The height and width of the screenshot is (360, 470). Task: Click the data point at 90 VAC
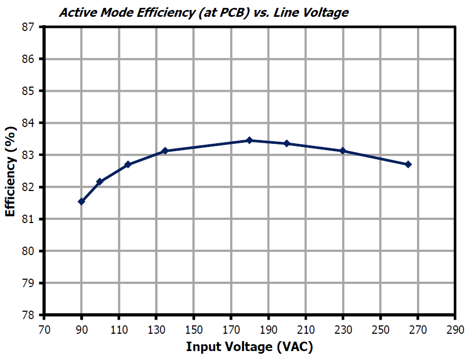coord(81,202)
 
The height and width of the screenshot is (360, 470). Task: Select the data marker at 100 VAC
coord(100,182)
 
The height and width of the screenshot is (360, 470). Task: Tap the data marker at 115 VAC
coord(127,164)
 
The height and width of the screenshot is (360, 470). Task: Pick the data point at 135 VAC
coord(165,151)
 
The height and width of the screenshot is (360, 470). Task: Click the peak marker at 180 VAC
coord(250,140)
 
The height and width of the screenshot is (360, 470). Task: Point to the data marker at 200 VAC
coord(287,143)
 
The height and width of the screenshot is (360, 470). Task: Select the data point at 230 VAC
coord(343,151)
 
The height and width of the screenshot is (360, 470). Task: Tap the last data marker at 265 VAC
coord(408,164)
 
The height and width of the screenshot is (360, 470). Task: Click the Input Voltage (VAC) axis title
coord(250,347)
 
